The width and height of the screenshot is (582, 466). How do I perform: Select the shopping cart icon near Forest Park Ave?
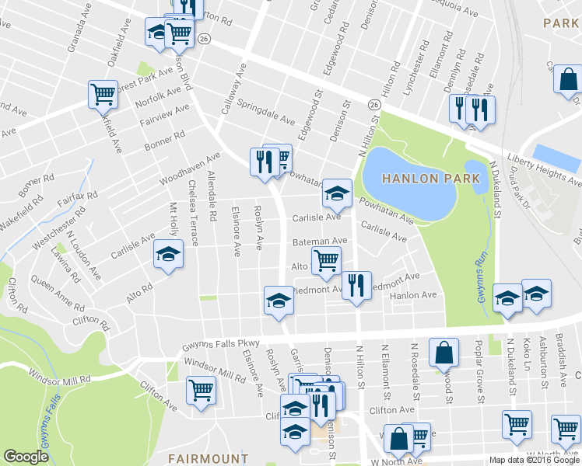click(103, 94)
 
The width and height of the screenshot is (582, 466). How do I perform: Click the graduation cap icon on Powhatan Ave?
click(337, 193)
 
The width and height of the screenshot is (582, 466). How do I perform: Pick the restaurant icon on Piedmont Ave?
click(356, 285)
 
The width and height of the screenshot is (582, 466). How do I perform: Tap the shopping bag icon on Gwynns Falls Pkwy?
click(443, 353)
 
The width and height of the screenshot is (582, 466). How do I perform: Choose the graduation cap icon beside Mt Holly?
click(168, 255)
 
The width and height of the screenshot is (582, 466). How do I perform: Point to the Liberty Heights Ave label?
click(544, 171)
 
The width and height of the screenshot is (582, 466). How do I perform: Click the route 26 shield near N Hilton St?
click(374, 105)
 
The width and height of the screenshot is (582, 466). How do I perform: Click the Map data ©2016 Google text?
click(534, 459)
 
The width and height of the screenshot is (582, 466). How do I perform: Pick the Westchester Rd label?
click(56, 231)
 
